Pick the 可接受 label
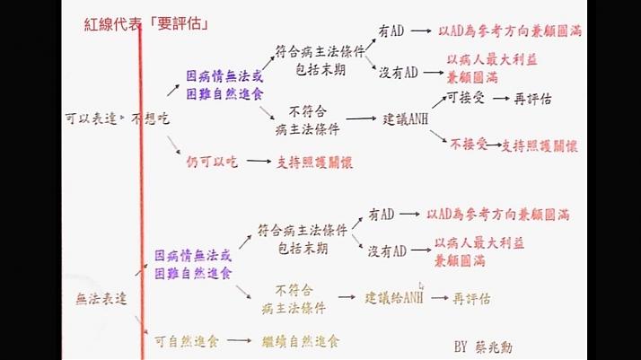click(x=466, y=98)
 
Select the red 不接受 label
click(x=469, y=143)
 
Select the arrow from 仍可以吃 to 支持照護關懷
click(x=259, y=162)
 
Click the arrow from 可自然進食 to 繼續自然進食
click(x=237, y=341)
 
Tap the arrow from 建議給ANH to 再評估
click(x=438, y=297)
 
